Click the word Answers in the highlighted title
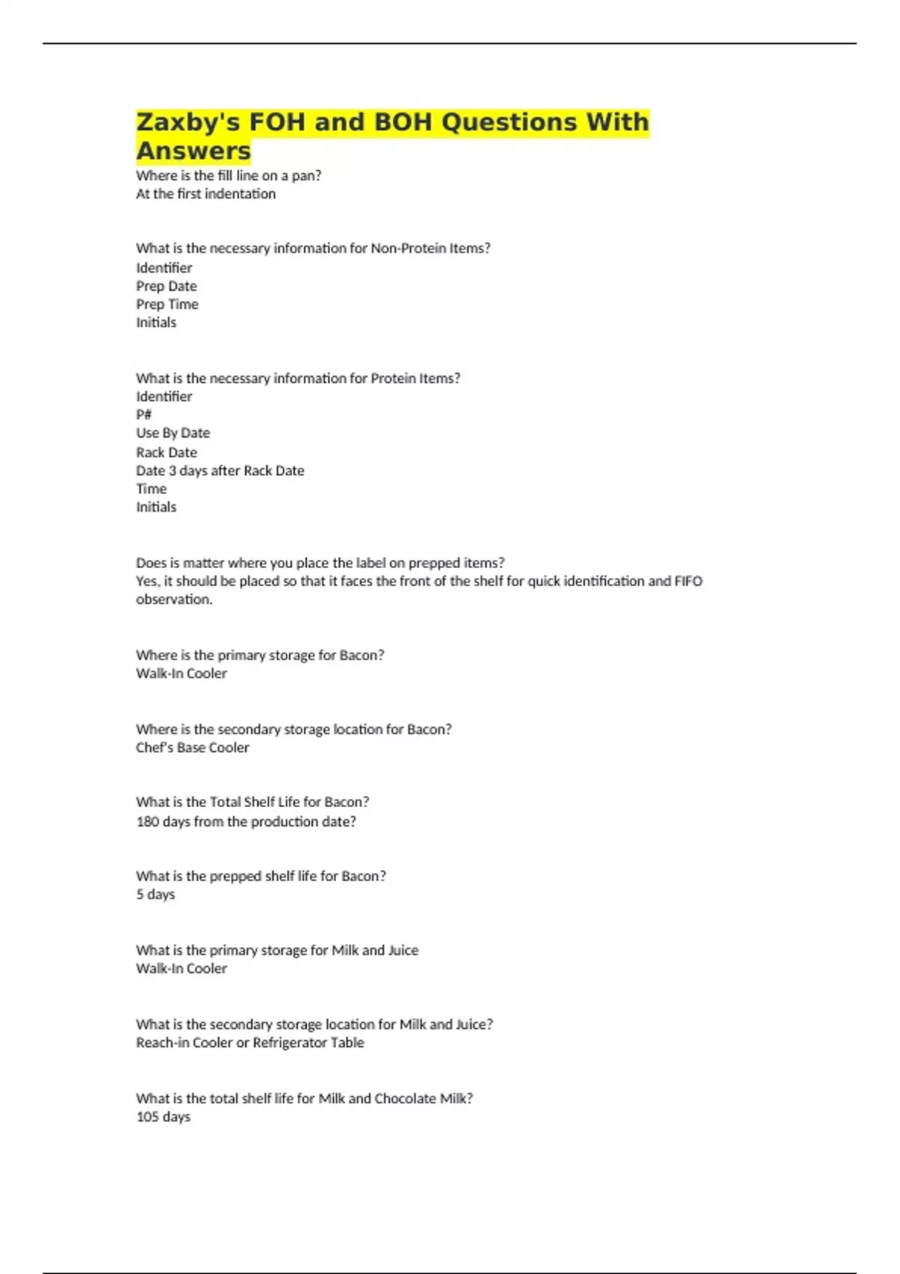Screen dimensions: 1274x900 coord(193,151)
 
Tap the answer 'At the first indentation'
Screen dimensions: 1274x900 coord(205,194)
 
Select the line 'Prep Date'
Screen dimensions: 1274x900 coord(166,286)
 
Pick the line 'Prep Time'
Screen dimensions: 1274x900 coord(167,304)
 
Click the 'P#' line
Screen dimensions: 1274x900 coord(144,415)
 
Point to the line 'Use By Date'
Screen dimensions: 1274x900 coord(173,433)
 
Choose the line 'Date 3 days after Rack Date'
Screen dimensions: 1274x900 coord(220,471)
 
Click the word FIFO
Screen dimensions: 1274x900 coord(688,581)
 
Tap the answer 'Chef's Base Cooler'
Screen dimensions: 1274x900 coord(193,747)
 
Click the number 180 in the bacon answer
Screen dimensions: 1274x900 coord(148,821)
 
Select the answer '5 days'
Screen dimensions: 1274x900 coord(155,894)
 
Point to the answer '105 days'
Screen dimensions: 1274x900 coord(163,1117)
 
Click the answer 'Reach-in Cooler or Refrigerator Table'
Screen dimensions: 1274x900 coord(250,1042)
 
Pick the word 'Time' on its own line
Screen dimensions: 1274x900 coord(151,489)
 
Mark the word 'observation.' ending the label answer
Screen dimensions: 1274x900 coord(174,600)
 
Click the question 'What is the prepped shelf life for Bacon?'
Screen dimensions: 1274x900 coord(261,876)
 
